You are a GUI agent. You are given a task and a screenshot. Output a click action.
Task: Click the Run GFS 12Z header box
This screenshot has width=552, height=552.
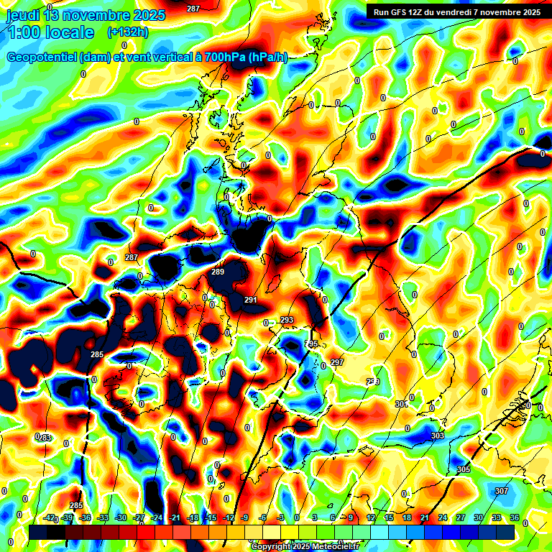[x=456, y=11]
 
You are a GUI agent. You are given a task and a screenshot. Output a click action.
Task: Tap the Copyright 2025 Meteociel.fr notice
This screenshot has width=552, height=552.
[x=305, y=547]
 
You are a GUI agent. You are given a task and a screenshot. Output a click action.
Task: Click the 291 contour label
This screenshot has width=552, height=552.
[x=251, y=300]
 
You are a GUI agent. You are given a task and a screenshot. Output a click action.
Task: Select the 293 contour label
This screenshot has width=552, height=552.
[x=287, y=320]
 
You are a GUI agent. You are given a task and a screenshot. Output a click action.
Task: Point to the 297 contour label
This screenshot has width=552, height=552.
[x=337, y=362]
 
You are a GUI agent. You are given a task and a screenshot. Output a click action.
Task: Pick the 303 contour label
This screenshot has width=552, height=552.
[x=438, y=436]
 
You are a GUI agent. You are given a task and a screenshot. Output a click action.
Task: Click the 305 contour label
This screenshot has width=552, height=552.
[x=464, y=469]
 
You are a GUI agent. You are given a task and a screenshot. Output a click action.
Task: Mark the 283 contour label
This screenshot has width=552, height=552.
[x=45, y=437]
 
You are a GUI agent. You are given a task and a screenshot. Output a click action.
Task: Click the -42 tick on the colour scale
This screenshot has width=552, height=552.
[x=50, y=517]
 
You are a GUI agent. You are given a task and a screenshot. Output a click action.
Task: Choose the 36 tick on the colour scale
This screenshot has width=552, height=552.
[x=515, y=517]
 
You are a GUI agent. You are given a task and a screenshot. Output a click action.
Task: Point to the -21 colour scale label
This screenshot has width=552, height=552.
[x=175, y=517]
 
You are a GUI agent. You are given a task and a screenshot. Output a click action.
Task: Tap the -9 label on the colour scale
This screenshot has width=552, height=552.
[x=245, y=517]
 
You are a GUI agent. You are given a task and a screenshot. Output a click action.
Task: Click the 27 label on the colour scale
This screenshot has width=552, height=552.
[x=461, y=517]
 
